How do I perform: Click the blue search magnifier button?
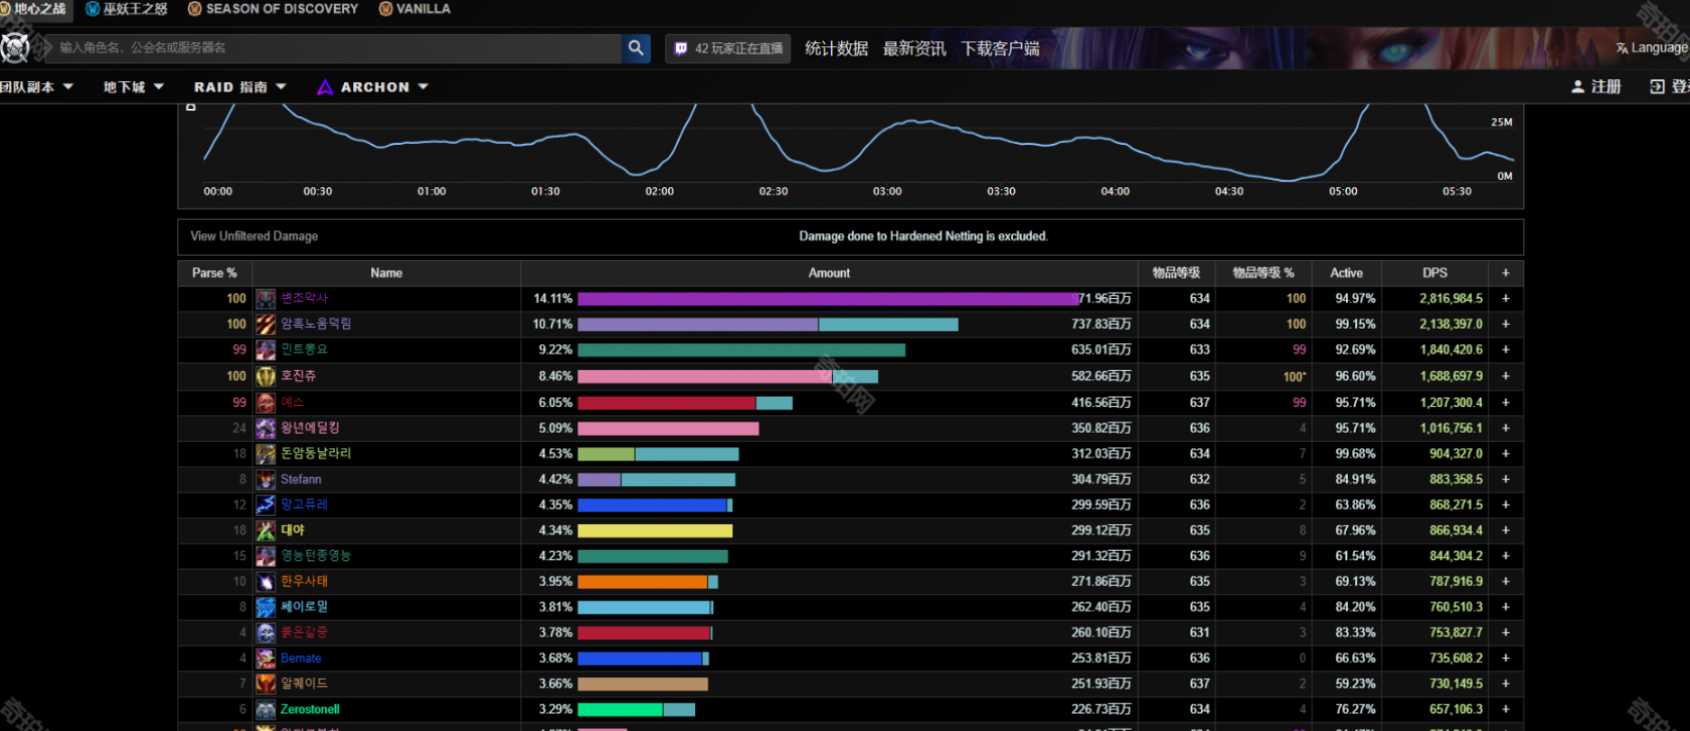636,48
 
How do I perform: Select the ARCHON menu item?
374,87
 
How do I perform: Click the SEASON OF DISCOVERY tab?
281,9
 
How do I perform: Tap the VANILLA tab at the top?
422,9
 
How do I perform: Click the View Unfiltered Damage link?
254,236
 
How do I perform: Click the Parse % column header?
214,273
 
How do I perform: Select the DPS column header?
1434,273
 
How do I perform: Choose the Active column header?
1346,273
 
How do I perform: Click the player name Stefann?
301,479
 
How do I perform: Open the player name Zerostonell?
310,709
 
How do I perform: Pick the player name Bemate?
301,658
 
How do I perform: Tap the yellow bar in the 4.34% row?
655,530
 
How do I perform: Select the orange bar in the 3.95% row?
642,582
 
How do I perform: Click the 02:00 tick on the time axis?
659,192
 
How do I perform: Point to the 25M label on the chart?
1501,122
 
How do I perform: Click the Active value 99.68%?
1355,454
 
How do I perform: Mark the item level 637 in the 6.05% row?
1199,402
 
